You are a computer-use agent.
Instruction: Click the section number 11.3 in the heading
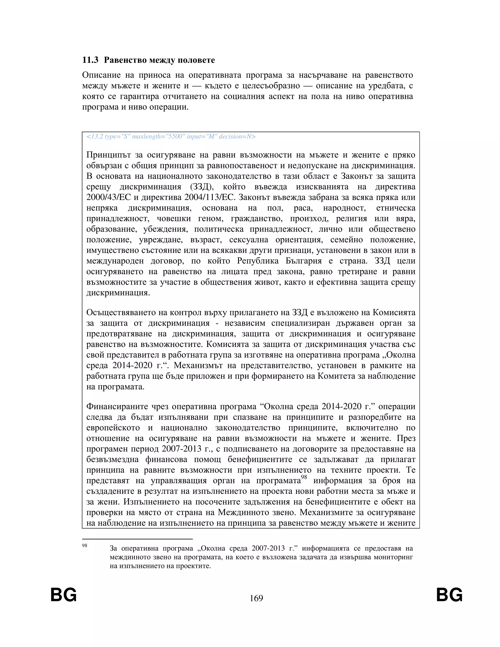(x=90, y=60)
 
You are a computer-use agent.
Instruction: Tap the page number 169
(x=256, y=598)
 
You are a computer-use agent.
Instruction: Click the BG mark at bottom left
(x=63, y=595)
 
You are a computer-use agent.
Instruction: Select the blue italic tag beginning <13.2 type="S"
(x=171, y=136)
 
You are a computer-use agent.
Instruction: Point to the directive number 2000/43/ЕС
(x=108, y=197)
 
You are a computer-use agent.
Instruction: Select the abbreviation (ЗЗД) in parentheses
(x=201, y=187)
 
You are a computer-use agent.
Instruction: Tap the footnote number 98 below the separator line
(x=85, y=546)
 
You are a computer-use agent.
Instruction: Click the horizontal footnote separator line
(x=137, y=539)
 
